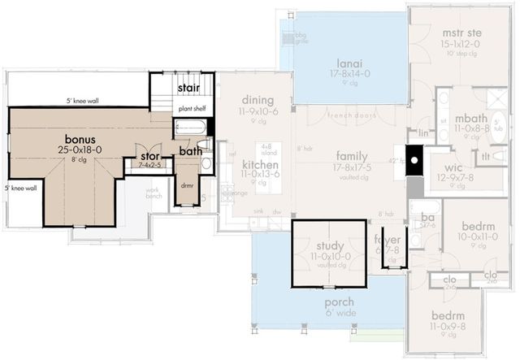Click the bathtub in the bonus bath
(191, 127)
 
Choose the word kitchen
(260, 165)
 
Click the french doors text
(349, 115)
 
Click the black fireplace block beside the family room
(414, 160)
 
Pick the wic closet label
(451, 167)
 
